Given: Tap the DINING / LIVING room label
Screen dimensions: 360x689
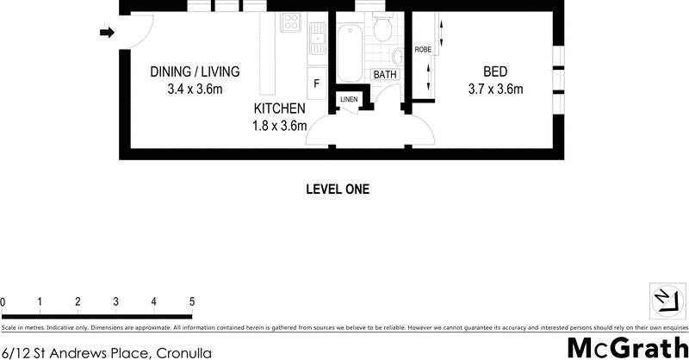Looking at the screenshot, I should pos(195,71).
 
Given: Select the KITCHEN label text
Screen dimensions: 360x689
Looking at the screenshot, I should pos(279,109).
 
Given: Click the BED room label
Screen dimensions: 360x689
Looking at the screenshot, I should pos(495,71).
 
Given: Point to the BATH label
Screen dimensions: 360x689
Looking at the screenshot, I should pos(384,75).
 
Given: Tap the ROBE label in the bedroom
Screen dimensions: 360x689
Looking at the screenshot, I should pos(422,50).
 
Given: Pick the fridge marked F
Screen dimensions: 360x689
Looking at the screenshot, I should pos(316,84).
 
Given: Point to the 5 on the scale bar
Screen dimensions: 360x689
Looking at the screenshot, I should pos(192,301).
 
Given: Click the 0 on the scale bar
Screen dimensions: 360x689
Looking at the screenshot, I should pos(3,301).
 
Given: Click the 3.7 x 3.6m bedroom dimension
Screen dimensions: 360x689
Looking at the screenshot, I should pos(495,89).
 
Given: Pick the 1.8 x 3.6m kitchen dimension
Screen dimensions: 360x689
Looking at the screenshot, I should pos(279,126).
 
